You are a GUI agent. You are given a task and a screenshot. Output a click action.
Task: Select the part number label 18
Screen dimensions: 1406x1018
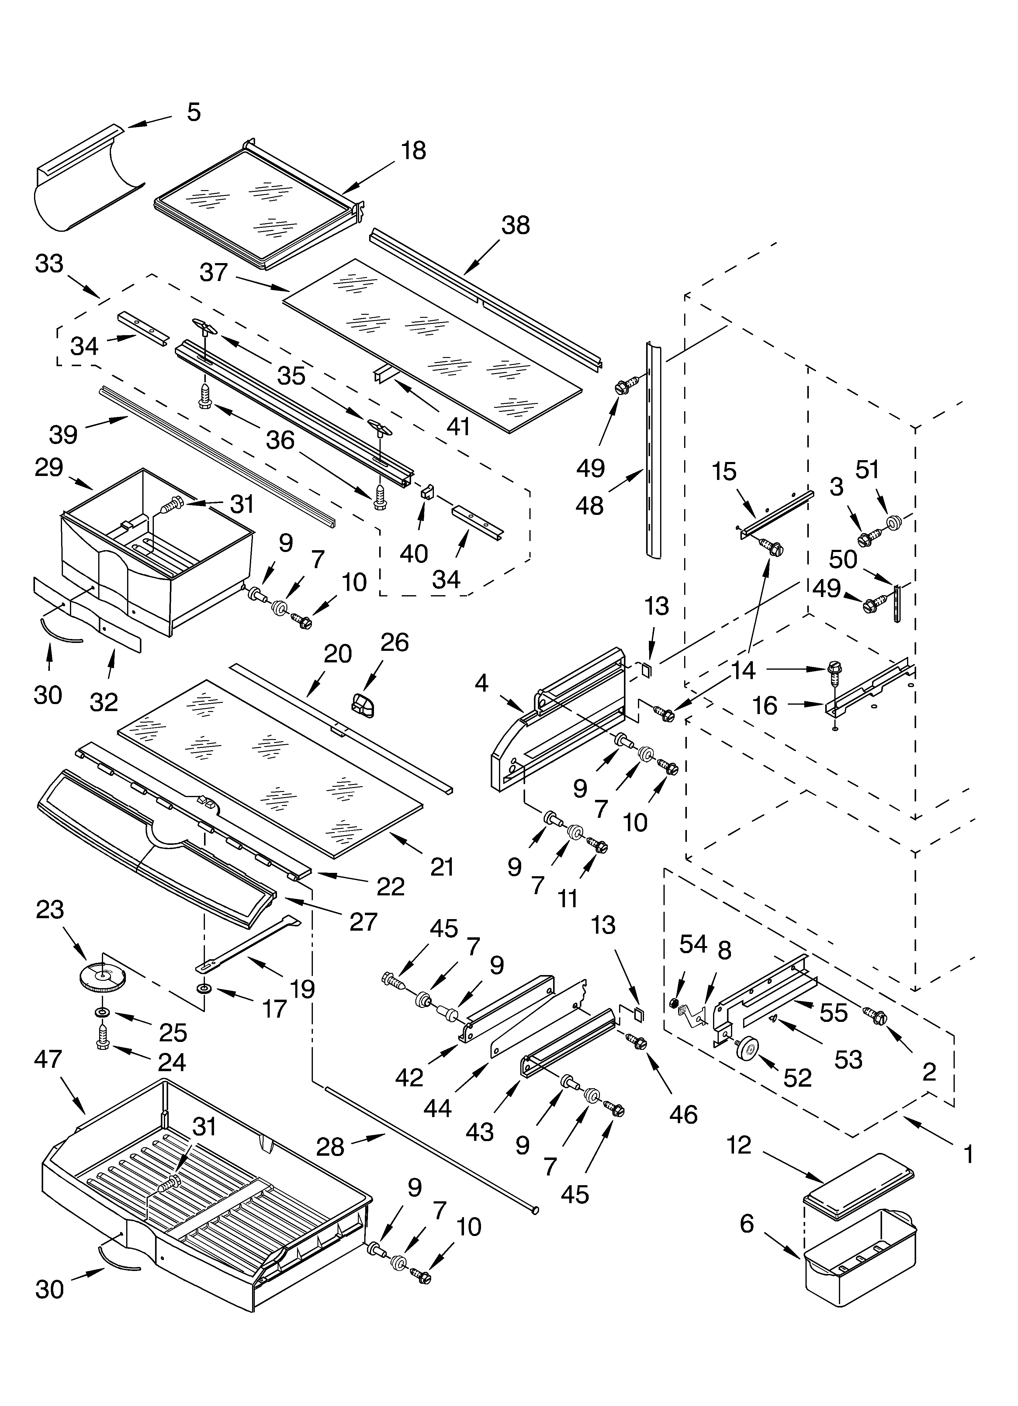coord(414,151)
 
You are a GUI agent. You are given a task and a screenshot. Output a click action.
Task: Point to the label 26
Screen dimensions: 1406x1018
coord(394,643)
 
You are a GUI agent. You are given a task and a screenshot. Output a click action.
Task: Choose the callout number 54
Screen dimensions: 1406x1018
coord(693,944)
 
